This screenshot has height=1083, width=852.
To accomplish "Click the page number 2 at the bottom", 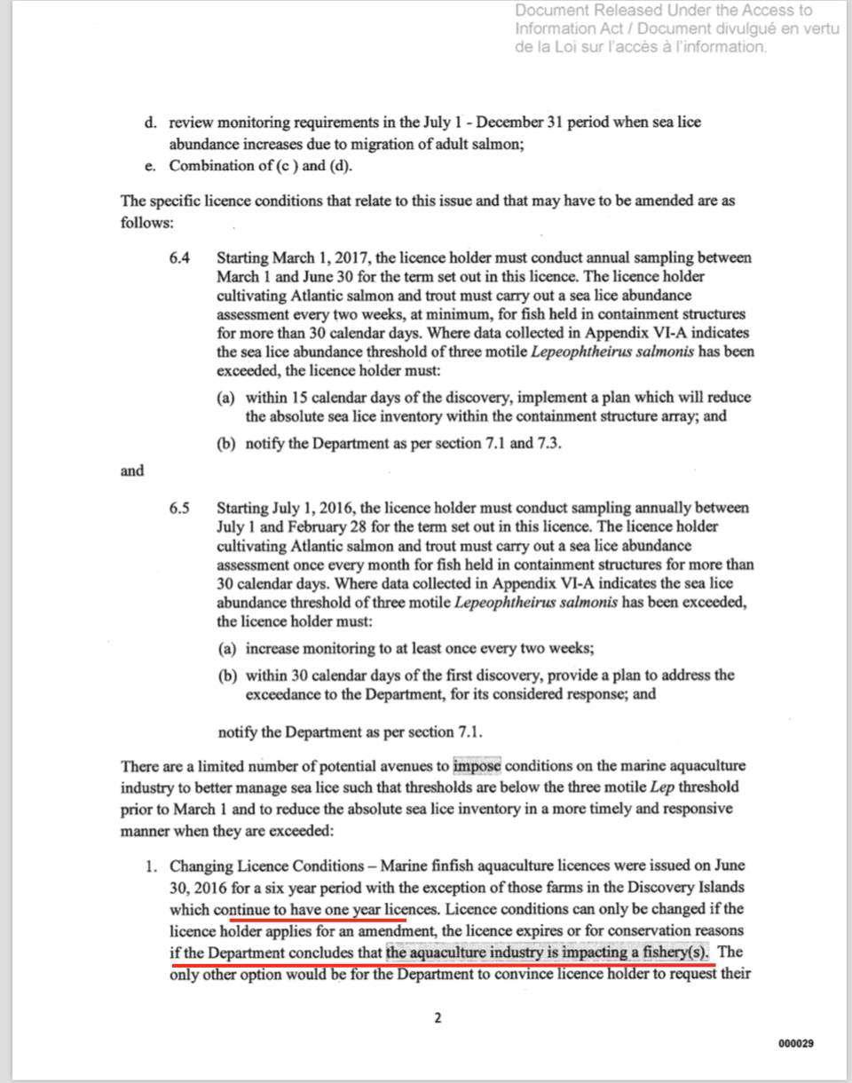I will point(437,1018).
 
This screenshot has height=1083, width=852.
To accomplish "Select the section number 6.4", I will point(179,258).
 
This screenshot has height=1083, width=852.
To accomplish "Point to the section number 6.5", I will point(179,509).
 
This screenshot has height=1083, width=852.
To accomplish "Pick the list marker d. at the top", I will point(151,123).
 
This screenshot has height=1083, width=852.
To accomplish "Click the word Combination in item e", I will point(209,166).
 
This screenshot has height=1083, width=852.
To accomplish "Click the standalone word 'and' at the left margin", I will point(132,470).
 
